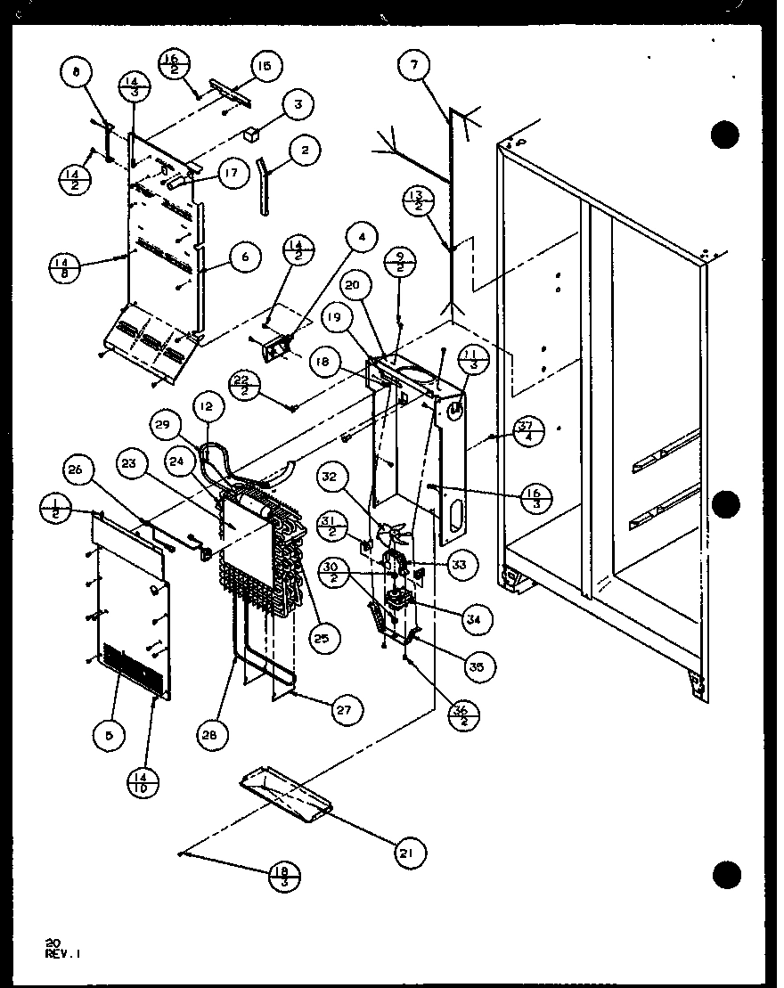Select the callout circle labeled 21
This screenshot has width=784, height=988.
408,853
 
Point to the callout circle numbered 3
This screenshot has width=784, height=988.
298,104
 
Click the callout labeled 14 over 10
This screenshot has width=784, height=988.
147,780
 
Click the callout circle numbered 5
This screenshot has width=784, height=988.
109,735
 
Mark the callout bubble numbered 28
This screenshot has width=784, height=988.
214,735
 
